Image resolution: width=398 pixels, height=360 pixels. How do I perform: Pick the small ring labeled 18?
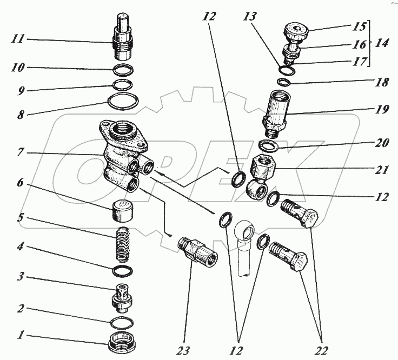click(284, 82)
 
